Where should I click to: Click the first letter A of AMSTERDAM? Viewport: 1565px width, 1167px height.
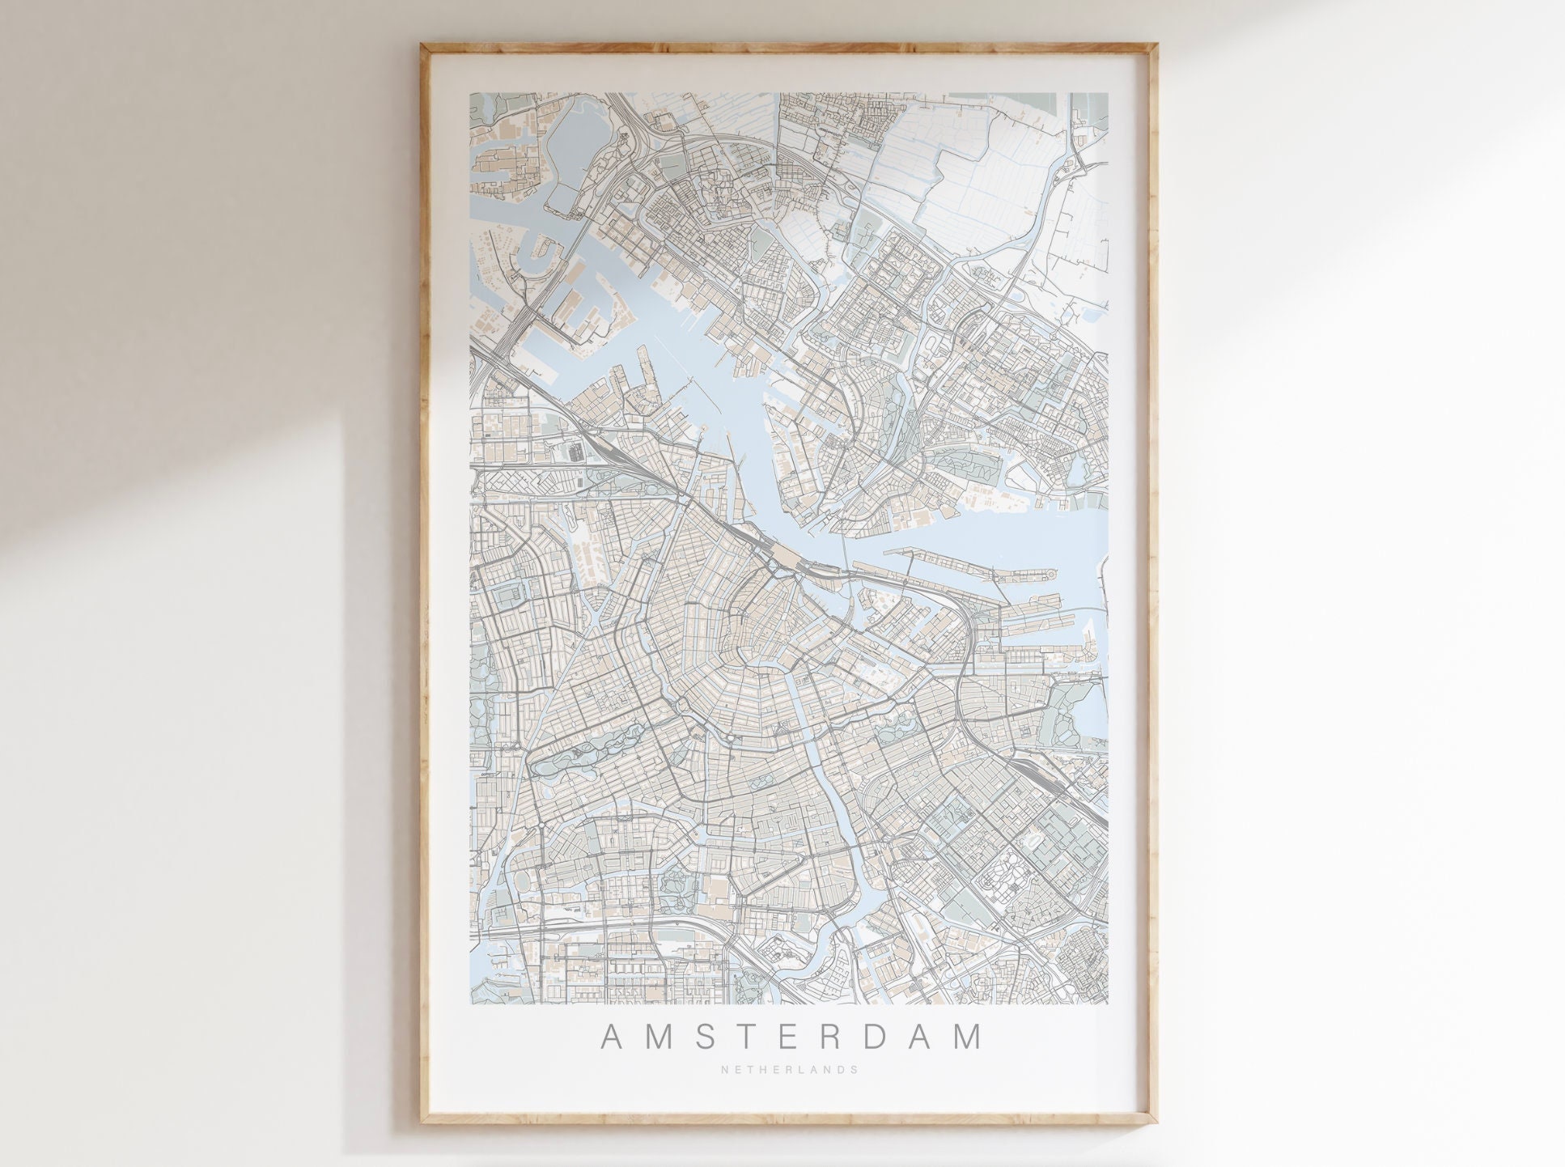(x=613, y=1038)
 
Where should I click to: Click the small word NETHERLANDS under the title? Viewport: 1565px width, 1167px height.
(x=789, y=1069)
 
